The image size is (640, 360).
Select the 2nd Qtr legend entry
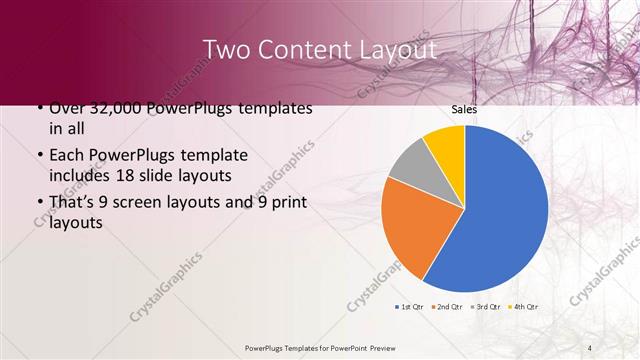[x=449, y=306]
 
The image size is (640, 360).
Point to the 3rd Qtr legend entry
[x=487, y=306]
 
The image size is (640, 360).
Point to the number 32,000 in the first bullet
[x=121, y=108]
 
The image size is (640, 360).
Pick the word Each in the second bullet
[x=67, y=156]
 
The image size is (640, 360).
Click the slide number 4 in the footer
[x=590, y=348]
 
